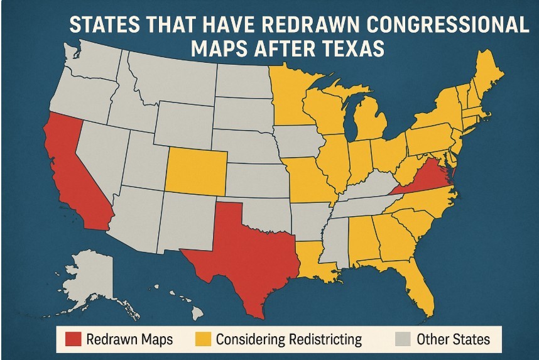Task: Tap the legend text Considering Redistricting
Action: (x=288, y=340)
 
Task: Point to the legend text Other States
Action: (x=452, y=340)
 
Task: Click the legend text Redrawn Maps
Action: (x=129, y=340)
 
